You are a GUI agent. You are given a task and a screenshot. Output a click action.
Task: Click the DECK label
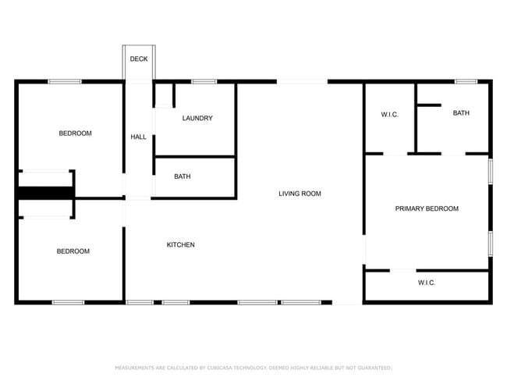click(139, 59)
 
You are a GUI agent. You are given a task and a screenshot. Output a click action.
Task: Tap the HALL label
click(139, 137)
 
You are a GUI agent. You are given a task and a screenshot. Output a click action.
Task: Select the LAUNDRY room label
click(197, 119)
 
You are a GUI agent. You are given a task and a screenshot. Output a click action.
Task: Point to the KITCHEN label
click(181, 245)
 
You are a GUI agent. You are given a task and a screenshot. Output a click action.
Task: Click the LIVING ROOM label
click(300, 194)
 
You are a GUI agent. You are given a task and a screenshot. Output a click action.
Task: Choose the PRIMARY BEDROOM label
click(427, 208)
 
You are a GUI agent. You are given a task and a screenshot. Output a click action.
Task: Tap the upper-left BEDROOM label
click(75, 134)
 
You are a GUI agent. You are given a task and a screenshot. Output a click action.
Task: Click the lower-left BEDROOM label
click(73, 251)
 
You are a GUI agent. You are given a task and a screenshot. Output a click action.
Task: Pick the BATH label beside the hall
click(183, 176)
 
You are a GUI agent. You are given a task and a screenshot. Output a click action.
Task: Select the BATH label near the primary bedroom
click(461, 113)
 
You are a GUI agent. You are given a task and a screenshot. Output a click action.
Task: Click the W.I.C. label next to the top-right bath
click(390, 115)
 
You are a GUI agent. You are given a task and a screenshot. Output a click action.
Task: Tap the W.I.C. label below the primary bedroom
click(426, 283)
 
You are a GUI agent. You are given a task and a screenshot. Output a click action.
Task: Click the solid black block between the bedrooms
click(45, 193)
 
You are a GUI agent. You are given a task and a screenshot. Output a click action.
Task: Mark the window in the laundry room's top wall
click(204, 81)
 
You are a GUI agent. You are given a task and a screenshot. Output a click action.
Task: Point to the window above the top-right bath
click(466, 81)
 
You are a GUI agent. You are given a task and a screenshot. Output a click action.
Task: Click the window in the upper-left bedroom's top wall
click(65, 81)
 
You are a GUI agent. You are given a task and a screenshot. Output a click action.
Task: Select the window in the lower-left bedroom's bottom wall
click(68, 302)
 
